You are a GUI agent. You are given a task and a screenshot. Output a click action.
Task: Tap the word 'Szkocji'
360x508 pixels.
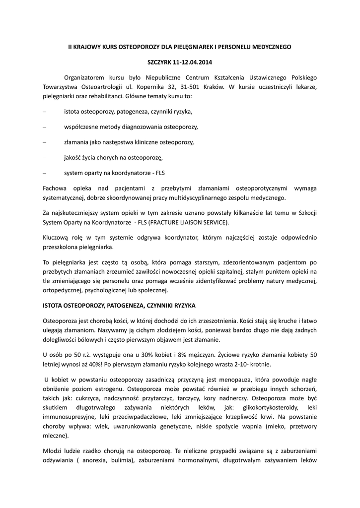point(305,213)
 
